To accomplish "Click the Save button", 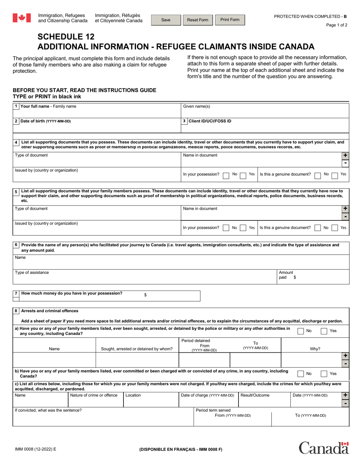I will pos(166,20).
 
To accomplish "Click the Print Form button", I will pos(230,20).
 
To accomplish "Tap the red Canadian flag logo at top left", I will pos(22,18).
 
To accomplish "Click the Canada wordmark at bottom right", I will pos(324,448).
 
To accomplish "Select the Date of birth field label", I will pos(45,121).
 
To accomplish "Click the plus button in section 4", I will pos(345,156).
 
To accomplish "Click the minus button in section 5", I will pos(345,217).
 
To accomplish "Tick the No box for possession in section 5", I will pos(226,228).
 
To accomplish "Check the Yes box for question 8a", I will pos(324,331).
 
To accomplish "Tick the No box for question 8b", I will pos(301,374).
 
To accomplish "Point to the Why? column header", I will pos(315,349).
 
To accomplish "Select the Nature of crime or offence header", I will pos(94,395).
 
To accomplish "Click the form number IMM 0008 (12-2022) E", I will pos(34,450).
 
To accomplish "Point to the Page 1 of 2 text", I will pos(337,25).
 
